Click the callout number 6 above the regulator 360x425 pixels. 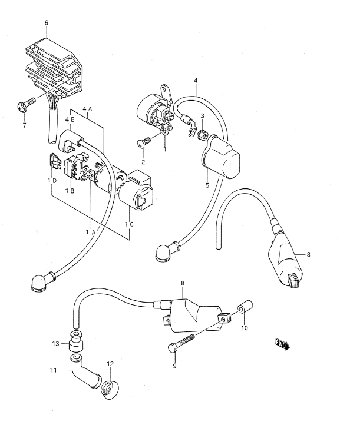46,23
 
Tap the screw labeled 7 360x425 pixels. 26,104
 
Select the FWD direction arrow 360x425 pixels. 282,344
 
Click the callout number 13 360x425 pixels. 55,344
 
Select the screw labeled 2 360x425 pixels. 144,142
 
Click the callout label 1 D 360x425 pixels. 52,180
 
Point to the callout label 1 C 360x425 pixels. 129,224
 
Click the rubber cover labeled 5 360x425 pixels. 220,156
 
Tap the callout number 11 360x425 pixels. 54,370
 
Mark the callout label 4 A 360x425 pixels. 88,109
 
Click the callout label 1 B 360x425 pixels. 70,191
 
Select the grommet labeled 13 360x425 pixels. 76,341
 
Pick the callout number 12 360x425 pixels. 110,363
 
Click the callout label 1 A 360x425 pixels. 91,232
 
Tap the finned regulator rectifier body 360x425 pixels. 54,69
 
